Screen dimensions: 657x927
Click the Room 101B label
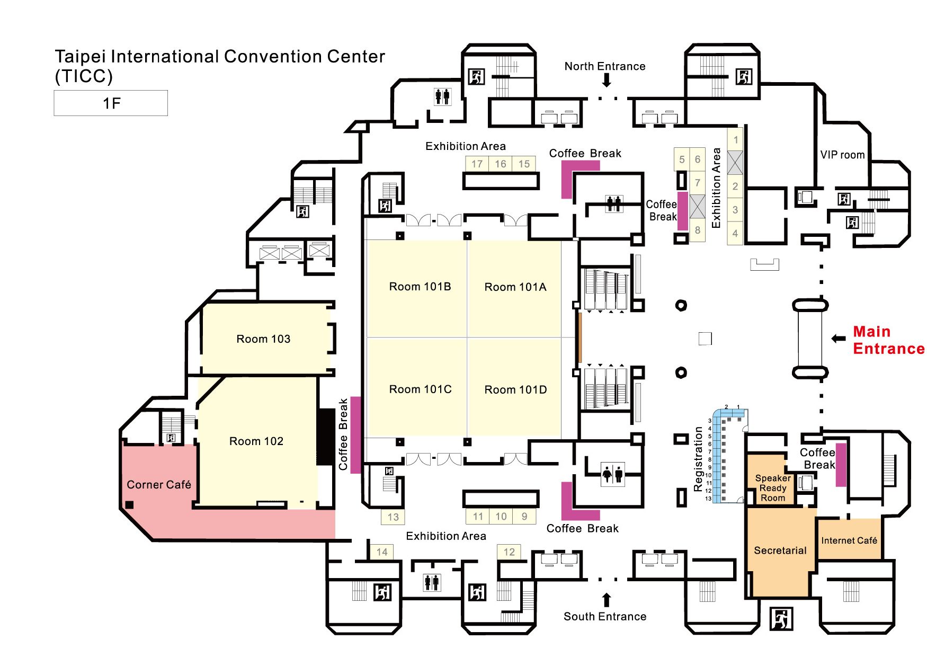pos(420,287)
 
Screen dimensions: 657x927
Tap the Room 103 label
pos(263,339)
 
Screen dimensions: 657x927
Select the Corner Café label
pos(159,485)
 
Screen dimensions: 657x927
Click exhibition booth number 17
pos(477,164)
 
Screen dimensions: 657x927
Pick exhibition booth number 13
pos(393,517)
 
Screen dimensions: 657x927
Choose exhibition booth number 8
pos(698,230)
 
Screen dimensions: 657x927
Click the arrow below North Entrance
pos(607,81)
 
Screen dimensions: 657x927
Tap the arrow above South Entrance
pos(607,600)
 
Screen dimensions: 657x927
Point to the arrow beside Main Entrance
pos(839,339)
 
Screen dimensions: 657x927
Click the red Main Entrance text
pos(888,340)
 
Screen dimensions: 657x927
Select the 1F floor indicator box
pos(111,103)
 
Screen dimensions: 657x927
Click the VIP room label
pos(842,155)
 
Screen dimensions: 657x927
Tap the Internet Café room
pos(849,540)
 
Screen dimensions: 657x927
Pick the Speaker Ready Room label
pos(773,488)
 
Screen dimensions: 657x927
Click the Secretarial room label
pos(780,551)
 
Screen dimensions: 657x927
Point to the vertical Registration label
pos(698,459)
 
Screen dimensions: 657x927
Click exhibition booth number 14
pos(382,552)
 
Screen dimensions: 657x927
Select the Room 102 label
pos(256,441)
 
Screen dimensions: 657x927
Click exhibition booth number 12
pos(509,552)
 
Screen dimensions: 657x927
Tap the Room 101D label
pos(515,390)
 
